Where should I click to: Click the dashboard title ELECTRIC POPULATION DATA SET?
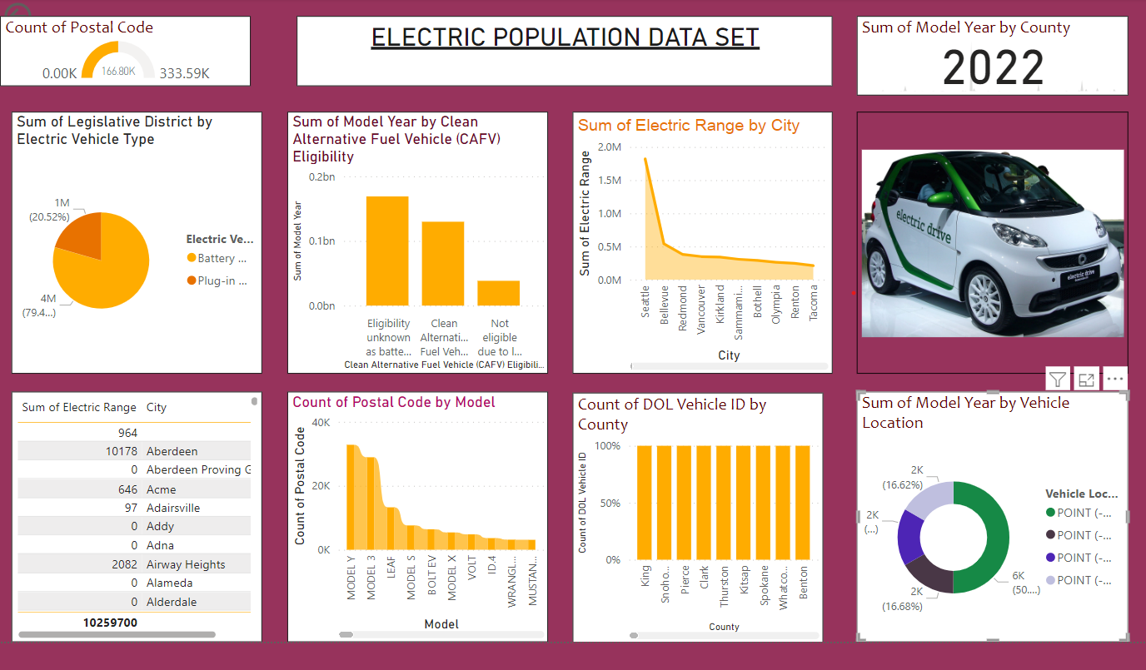coord(565,38)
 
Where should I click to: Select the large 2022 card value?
coord(993,68)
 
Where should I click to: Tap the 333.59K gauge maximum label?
coord(184,73)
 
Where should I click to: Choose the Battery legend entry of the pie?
coord(216,258)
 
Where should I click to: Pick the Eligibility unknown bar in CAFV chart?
coord(387,251)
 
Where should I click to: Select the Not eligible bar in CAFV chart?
coord(498,293)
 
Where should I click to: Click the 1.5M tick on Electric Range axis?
coord(610,180)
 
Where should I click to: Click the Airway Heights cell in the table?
coord(186,564)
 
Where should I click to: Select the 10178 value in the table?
coord(122,451)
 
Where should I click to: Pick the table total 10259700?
coord(110,623)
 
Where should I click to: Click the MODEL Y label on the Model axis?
coord(351,583)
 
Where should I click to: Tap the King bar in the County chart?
coord(645,503)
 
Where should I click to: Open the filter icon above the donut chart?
coord(1057,380)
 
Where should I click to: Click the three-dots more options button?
coord(1115,380)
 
